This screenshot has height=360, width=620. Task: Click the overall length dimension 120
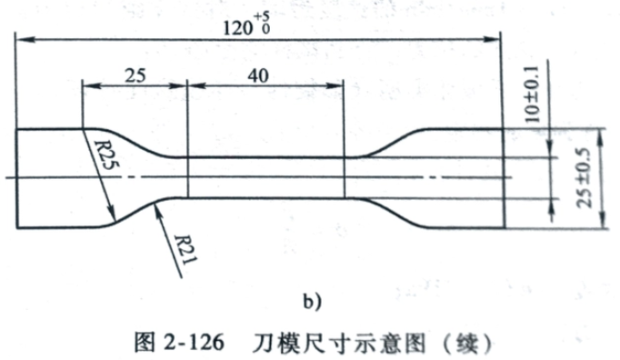coord(238,28)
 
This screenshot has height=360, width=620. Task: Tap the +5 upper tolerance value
coord(262,16)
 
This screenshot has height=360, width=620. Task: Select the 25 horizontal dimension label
coord(135,75)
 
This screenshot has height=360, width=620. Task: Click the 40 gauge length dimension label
coord(258,75)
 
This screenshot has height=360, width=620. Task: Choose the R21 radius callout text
coord(185,250)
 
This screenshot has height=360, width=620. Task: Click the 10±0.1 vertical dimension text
coord(532,95)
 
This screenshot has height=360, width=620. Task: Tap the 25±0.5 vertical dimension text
coord(585,178)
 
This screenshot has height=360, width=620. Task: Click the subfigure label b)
coord(313,302)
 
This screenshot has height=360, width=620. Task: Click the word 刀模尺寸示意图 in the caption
coord(339,343)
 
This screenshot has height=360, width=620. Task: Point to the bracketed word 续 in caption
coord(467,344)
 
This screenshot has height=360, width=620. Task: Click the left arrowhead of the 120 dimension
coord(25,39)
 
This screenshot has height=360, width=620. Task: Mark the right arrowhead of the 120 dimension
coord(493,39)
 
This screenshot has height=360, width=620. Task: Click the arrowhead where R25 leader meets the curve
coord(112,214)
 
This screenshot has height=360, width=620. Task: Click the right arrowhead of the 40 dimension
coord(335,85)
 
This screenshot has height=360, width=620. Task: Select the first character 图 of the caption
coord(144,343)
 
